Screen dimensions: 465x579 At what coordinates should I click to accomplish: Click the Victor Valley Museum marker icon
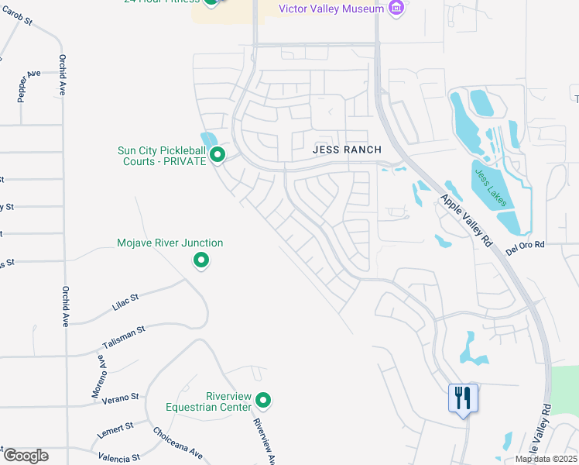(396, 9)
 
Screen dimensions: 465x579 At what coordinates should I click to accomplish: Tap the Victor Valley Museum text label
(331, 9)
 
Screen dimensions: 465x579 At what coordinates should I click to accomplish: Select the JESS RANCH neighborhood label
(348, 150)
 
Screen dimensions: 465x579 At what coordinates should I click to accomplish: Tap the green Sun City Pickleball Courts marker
(218, 156)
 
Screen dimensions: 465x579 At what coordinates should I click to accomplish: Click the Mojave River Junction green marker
(201, 260)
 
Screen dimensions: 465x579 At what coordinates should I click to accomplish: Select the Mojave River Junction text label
(170, 243)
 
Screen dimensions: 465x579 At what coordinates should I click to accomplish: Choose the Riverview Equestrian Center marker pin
(264, 401)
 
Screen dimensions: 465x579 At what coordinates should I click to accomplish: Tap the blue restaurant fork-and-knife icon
(464, 398)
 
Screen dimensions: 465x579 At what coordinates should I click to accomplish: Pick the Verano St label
(122, 397)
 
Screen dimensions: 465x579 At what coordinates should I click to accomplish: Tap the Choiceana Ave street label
(178, 443)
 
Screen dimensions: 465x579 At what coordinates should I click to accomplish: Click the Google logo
(26, 455)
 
